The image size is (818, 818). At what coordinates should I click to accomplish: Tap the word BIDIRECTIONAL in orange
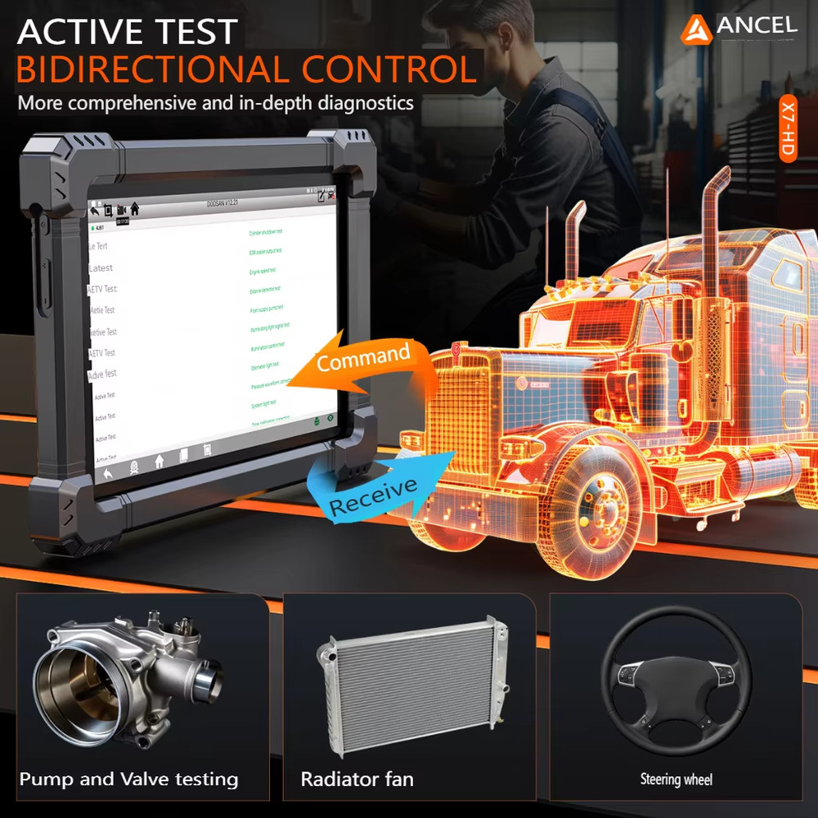coord(151,70)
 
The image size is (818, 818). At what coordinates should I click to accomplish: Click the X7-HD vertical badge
coord(787,130)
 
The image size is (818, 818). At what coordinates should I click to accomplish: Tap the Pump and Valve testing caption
coord(128,779)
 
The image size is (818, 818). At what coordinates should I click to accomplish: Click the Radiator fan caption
coord(357,779)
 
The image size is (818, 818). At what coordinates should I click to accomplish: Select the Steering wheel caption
coord(676,780)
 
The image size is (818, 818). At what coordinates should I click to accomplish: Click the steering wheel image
coord(676,679)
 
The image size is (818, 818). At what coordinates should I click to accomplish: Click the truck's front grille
coord(458,409)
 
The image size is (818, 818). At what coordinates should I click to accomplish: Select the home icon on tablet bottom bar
coord(159,461)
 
